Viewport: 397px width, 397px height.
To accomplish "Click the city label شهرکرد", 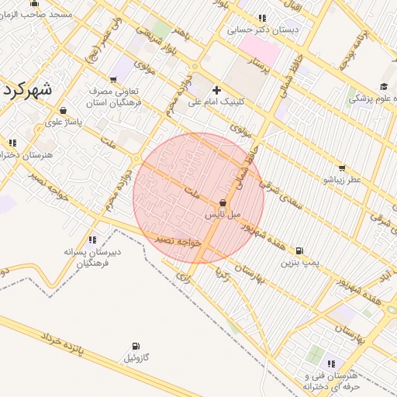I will coord(27,89).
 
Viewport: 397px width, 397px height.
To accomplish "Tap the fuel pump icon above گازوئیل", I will coord(136,346).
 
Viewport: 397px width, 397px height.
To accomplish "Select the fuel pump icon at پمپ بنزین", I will coord(300,250).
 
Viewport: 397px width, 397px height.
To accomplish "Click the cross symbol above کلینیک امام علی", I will coord(216,90).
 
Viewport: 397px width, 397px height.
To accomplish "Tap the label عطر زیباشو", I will coord(342,179).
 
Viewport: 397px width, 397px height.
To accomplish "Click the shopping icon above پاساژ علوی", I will coord(63,110).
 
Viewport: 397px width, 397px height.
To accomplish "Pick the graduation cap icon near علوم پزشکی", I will coord(384,86).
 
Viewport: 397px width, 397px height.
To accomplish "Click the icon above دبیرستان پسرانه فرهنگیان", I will coord(93,240).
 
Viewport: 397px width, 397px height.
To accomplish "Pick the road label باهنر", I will coord(181,34).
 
